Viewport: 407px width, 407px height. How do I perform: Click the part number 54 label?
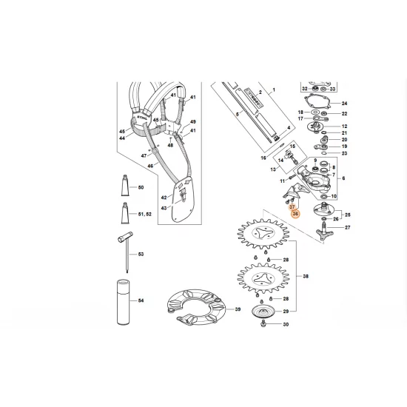click(141, 299)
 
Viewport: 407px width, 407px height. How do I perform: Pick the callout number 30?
click(286, 325)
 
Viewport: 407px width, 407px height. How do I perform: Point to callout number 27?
click(349, 230)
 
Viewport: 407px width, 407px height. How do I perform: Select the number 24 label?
click(343, 103)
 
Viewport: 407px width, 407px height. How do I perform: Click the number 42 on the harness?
click(164, 198)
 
